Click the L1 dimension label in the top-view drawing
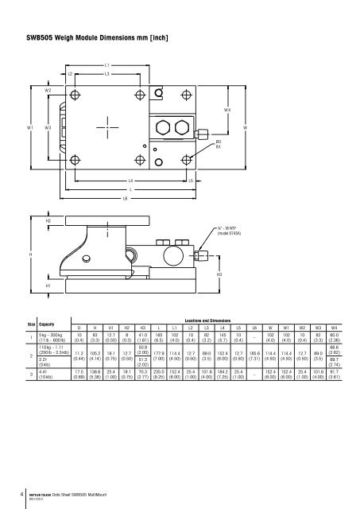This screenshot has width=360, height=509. (107, 64)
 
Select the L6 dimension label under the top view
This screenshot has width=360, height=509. (126, 198)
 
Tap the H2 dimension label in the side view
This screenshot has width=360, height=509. (48, 220)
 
